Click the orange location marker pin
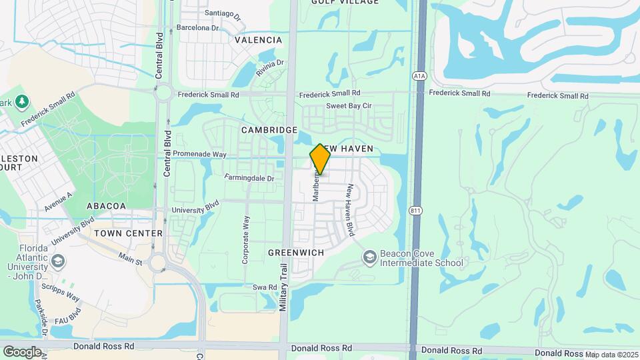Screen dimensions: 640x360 320,159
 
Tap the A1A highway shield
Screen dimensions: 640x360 419,76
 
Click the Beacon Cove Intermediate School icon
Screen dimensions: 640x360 369,257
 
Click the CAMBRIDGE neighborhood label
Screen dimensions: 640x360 269,129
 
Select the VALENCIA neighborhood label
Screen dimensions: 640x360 259,40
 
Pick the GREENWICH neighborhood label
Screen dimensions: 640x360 295,253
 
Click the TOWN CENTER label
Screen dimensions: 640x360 128,233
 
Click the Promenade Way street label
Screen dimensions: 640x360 201,153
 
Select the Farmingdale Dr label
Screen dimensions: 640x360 249,178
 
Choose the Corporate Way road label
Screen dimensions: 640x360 245,240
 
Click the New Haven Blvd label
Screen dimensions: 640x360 348,210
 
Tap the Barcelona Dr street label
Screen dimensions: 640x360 197,28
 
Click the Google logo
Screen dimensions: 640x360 22,351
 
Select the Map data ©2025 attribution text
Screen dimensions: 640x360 611,355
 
